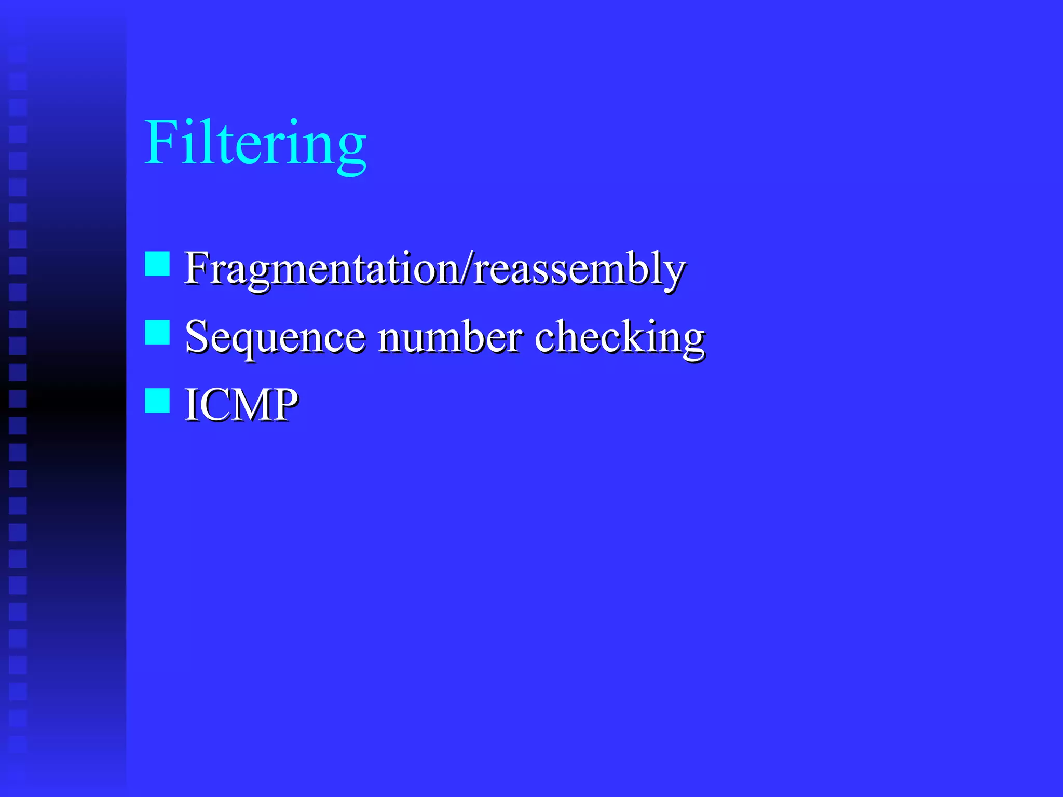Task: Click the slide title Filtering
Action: click(x=255, y=143)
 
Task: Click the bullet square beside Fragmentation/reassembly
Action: click(x=157, y=264)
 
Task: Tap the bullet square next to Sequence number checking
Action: click(x=157, y=332)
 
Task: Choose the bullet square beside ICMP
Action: click(x=157, y=401)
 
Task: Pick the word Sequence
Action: click(x=275, y=337)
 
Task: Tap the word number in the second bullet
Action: click(x=449, y=337)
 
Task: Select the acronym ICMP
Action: click(x=241, y=405)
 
